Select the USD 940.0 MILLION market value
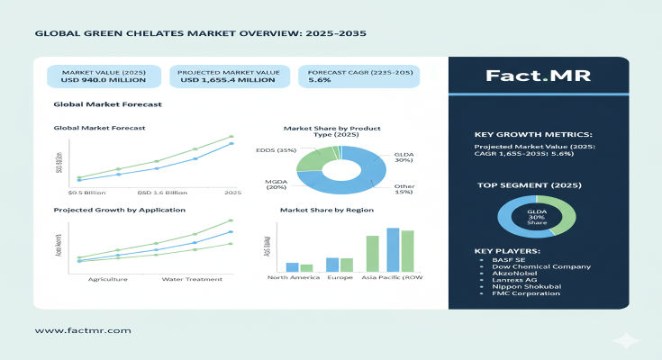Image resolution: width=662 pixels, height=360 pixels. [96, 79]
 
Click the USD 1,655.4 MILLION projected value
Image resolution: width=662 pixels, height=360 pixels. [224, 79]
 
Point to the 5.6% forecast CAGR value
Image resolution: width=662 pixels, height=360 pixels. [320, 79]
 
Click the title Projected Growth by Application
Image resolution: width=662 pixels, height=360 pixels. [119, 210]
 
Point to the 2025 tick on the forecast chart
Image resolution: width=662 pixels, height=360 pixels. [232, 193]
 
